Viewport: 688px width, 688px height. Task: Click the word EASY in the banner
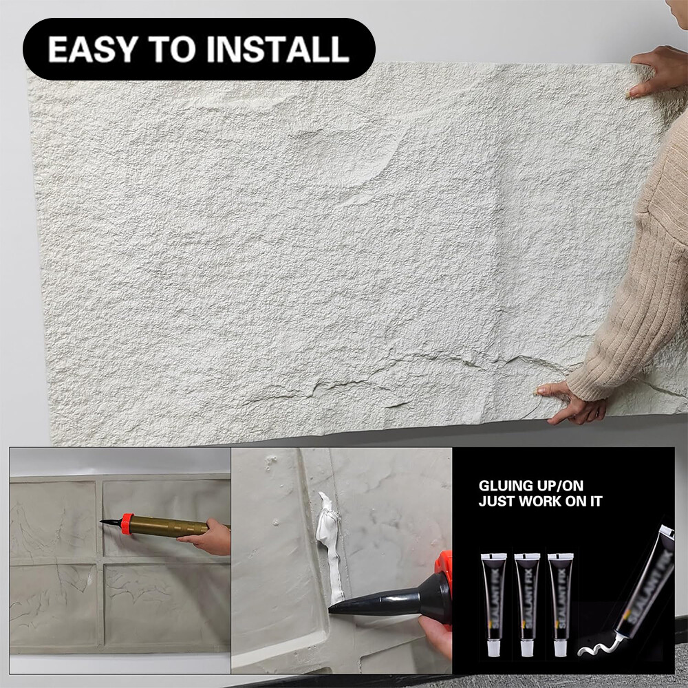coord(89,50)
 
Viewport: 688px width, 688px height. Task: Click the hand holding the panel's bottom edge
coord(570,402)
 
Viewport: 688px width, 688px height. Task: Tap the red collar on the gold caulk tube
coord(127,524)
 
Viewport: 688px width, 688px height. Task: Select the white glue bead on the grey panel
coord(329,544)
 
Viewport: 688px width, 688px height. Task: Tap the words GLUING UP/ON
coord(530,486)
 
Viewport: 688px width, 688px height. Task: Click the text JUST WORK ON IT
coord(540,502)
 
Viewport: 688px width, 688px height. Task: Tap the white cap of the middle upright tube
coord(527,647)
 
